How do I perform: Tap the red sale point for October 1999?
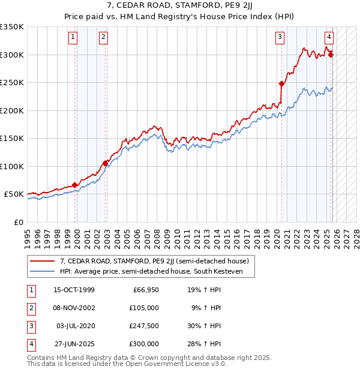(x=75, y=185)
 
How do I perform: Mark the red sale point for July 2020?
(x=281, y=84)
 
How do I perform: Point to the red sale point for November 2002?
(x=106, y=163)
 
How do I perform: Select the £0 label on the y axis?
(x=19, y=223)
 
